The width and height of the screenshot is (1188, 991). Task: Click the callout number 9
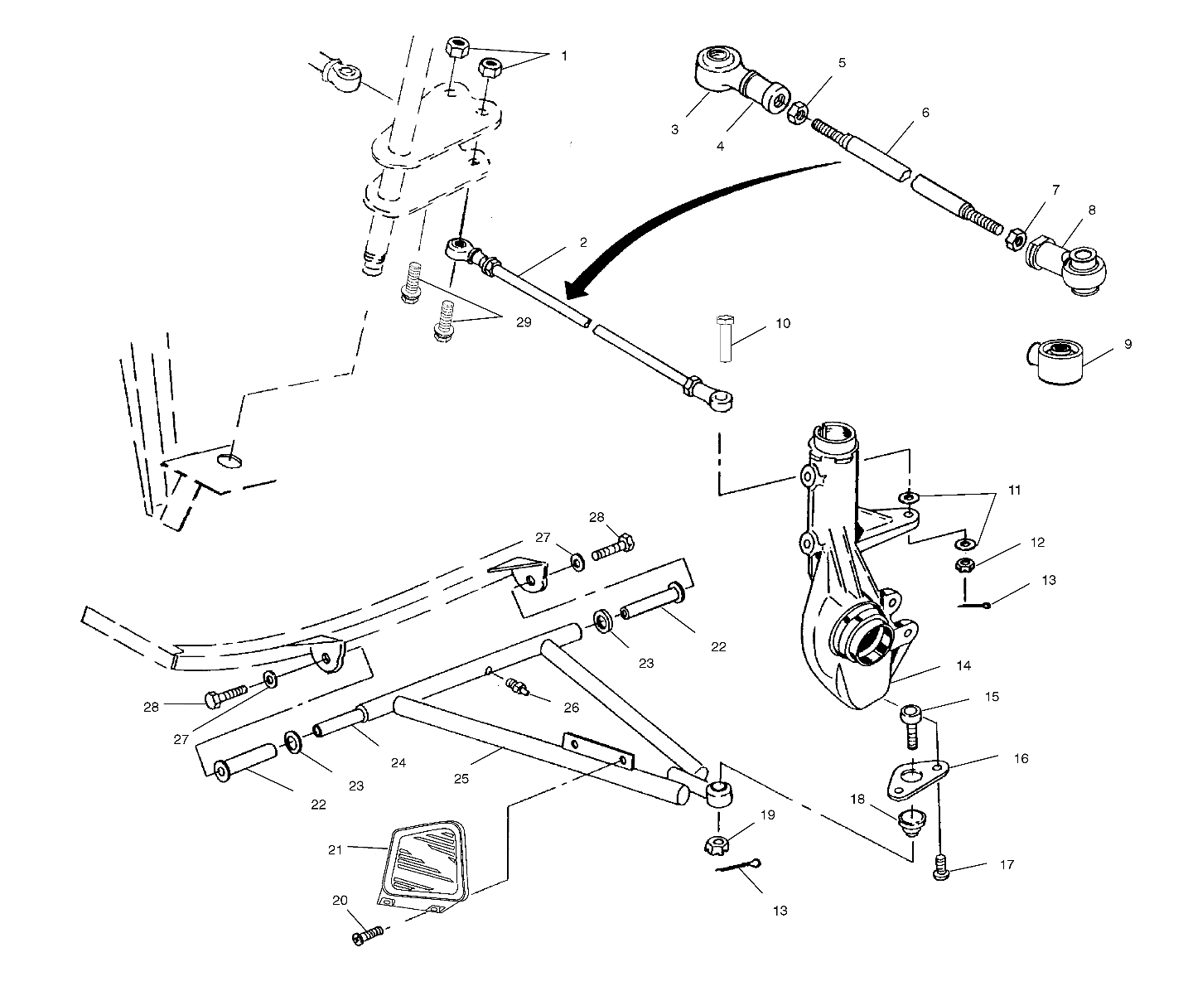[1128, 344]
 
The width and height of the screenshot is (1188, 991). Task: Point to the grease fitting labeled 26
[519, 687]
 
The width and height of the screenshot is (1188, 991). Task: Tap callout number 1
[564, 56]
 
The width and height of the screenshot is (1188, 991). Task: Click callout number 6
[925, 112]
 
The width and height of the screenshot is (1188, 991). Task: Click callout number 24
[398, 763]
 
